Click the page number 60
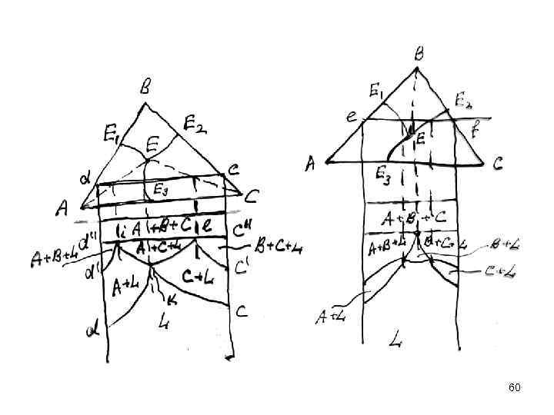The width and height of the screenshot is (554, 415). click(515, 387)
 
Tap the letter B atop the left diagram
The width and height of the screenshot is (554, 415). click(145, 88)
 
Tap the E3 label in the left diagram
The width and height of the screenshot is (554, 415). click(161, 189)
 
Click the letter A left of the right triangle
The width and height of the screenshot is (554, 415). click(311, 163)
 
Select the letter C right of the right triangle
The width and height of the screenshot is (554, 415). click(498, 163)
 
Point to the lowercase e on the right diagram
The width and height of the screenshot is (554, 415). click(351, 118)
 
